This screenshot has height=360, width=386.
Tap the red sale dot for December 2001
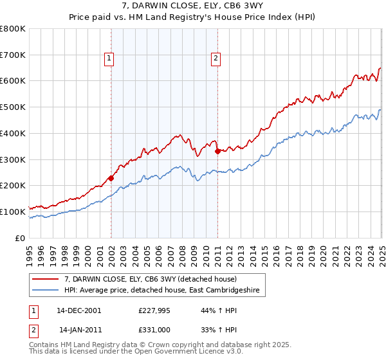click(111, 178)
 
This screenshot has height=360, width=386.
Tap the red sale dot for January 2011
click(217, 152)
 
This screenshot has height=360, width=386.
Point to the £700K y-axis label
click(13, 55)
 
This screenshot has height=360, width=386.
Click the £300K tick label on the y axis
click(13, 159)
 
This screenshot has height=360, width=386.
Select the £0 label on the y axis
click(20, 238)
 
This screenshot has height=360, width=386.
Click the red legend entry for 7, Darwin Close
click(151, 279)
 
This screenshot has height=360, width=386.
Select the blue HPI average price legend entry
click(161, 291)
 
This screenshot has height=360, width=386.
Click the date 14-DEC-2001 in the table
click(79, 310)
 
